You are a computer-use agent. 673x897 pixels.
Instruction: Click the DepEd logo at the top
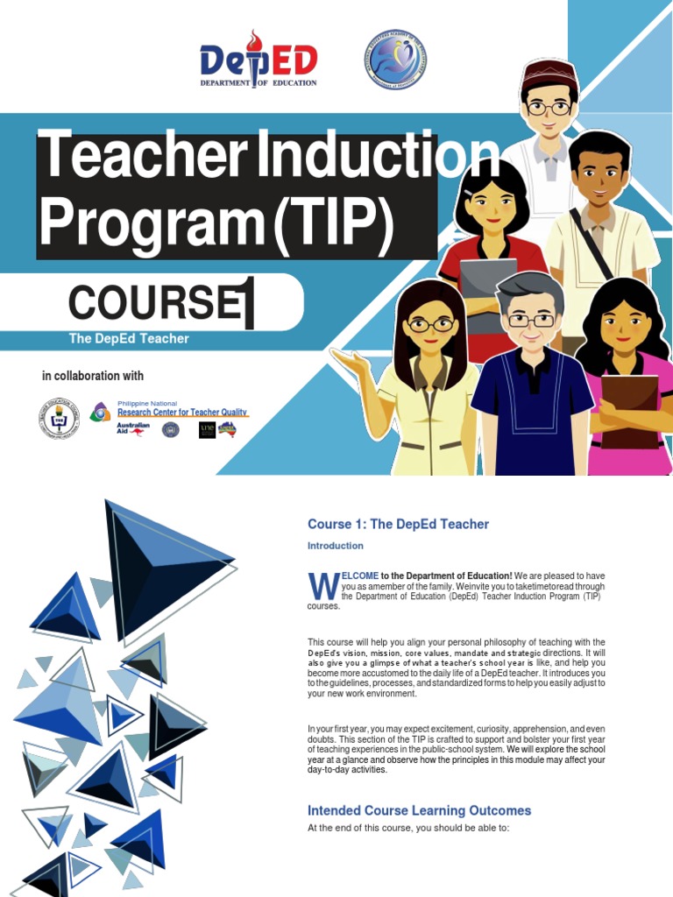[258, 59]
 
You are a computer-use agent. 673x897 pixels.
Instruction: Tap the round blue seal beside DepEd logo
[395, 60]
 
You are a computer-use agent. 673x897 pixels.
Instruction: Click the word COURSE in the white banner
[153, 303]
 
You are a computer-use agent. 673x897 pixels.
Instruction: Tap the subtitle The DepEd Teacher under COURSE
[129, 339]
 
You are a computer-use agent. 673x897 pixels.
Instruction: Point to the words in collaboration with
[93, 376]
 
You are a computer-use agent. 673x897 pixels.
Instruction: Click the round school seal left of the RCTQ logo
[59, 419]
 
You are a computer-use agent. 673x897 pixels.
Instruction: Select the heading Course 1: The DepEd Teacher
[398, 524]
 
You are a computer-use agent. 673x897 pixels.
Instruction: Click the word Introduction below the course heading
[335, 546]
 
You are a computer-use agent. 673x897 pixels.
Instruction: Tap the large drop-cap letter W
[322, 587]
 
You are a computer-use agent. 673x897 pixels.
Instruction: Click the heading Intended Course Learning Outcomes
[419, 810]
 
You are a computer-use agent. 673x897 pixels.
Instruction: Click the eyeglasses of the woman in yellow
[430, 324]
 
